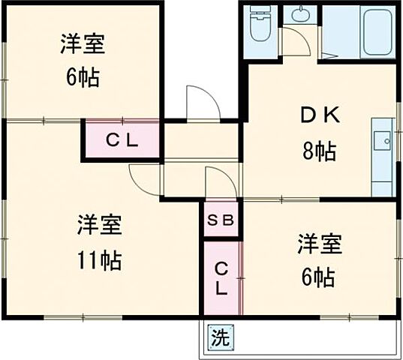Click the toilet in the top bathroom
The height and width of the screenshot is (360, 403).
pyautogui.click(x=260, y=24)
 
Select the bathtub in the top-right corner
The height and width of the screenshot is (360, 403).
pyautogui.click(x=377, y=31)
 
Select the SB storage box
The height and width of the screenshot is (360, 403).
pyautogui.click(x=221, y=221)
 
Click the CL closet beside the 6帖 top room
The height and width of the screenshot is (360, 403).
pyautogui.click(x=121, y=140)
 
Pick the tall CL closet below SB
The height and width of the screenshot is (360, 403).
pyautogui.click(x=222, y=277)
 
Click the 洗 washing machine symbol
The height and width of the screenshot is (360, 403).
pyautogui.click(x=218, y=338)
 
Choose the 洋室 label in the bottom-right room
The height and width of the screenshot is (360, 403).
pyautogui.click(x=319, y=244)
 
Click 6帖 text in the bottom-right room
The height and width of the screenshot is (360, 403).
pyautogui.click(x=319, y=278)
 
